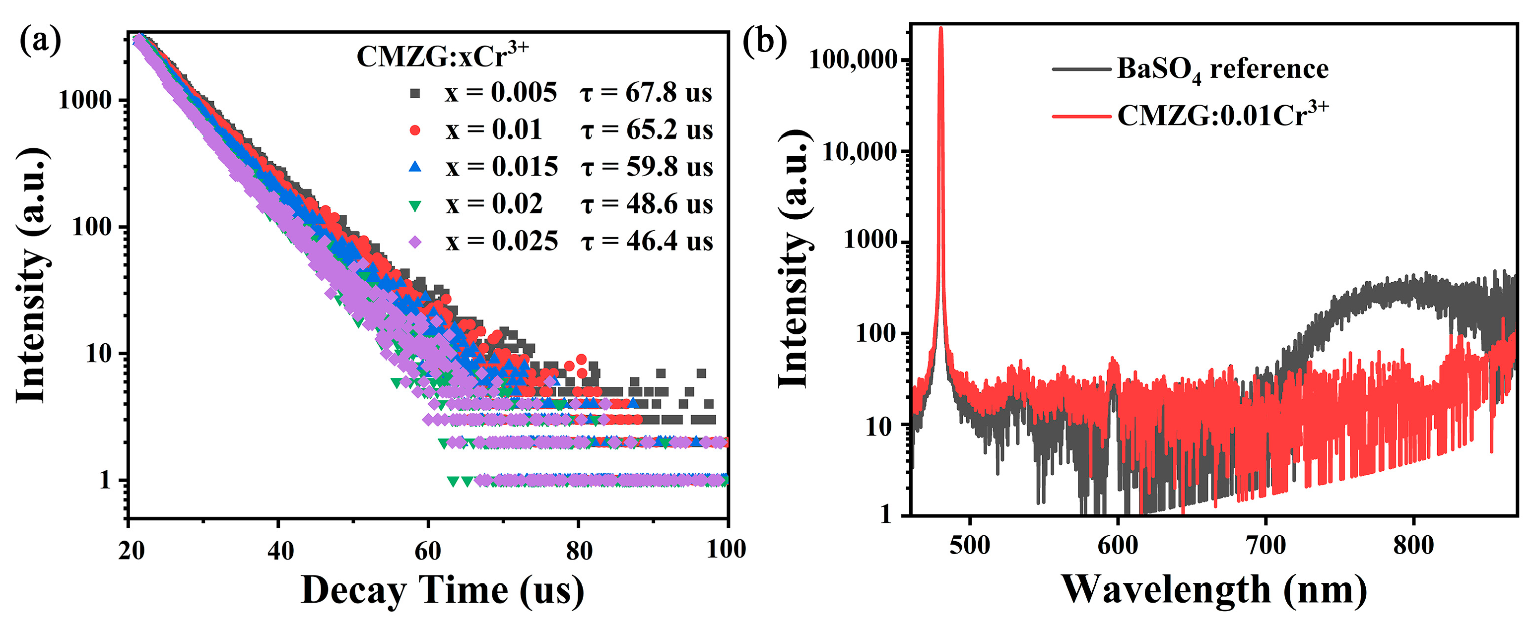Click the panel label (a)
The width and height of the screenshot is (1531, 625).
point(40,42)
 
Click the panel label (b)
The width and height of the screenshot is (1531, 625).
point(764,42)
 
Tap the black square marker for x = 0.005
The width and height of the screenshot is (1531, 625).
point(415,93)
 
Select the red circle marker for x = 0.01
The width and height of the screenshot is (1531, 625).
point(415,130)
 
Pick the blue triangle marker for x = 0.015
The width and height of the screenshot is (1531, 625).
point(415,167)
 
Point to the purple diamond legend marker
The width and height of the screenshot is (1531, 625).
point(415,242)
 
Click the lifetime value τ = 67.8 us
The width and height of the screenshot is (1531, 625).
point(646,93)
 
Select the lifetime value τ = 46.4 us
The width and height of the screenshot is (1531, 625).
point(647,242)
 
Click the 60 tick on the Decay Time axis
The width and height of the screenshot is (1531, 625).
point(428,551)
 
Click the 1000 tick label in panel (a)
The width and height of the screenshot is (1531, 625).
point(85,100)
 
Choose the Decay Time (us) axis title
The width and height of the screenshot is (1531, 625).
point(442,591)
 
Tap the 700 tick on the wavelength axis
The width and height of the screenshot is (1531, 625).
point(1265,545)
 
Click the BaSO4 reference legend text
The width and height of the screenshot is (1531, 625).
point(1222,69)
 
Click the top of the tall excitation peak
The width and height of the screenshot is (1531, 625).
point(940,28)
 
